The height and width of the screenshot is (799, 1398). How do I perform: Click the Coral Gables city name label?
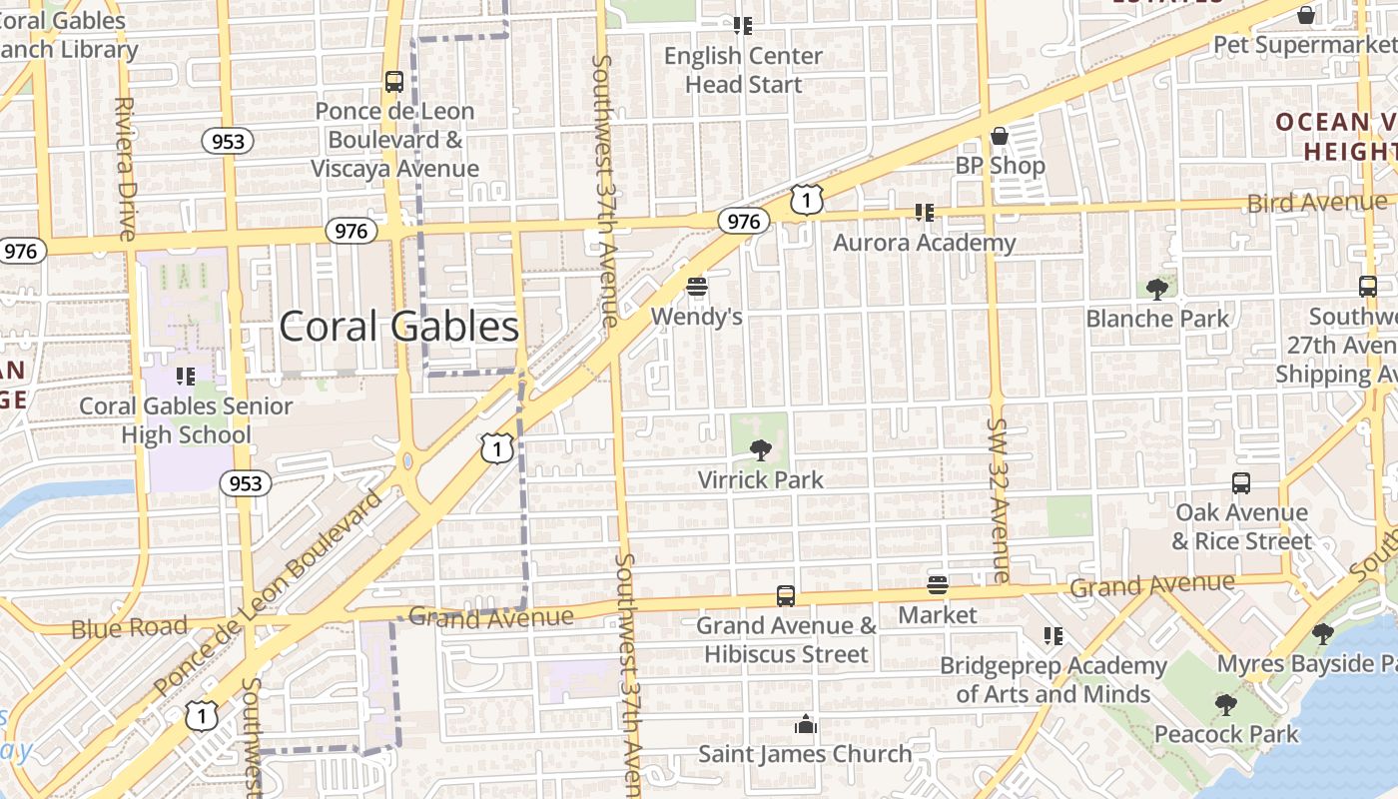[399, 327]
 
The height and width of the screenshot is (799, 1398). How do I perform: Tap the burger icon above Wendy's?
[697, 288]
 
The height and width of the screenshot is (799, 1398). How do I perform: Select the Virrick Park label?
[761, 479]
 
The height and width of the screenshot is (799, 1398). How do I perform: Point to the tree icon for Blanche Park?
[1157, 290]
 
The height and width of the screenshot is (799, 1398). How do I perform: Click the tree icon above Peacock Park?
[1225, 705]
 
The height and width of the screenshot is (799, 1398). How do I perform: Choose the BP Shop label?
[1000, 166]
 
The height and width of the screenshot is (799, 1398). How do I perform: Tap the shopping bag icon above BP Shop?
[1000, 136]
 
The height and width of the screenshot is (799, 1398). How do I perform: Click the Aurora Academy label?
[924, 243]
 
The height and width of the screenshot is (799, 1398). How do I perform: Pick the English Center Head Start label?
[743, 70]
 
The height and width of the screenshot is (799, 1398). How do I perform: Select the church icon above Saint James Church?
[805, 725]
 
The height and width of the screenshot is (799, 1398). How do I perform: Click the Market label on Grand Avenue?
[937, 614]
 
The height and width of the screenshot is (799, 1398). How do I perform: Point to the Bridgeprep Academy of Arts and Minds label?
[1053, 679]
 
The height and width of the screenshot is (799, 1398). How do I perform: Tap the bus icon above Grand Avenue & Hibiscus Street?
[786, 596]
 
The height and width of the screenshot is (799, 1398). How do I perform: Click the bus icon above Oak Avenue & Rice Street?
[1241, 483]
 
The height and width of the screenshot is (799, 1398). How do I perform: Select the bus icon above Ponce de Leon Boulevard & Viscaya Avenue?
[394, 82]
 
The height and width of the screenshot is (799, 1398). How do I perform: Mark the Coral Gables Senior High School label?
[186, 420]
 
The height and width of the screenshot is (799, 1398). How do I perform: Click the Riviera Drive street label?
[126, 169]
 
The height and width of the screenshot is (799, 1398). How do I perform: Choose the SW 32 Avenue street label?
[999, 499]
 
